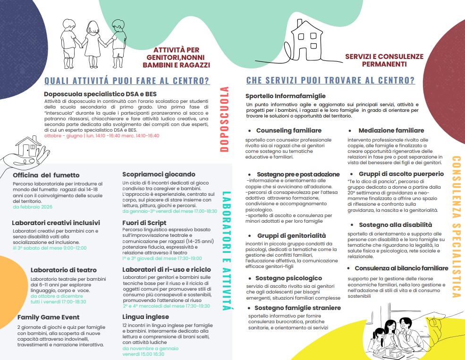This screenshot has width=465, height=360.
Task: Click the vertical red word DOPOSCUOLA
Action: [225, 119]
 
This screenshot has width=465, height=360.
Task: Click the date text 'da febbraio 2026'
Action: [33, 207]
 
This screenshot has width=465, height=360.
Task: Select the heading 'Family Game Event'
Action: [48, 317]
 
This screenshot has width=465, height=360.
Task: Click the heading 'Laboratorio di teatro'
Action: [64, 270]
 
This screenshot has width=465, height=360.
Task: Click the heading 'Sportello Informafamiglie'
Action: [286, 96]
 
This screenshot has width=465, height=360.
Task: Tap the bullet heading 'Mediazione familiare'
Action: [391, 130]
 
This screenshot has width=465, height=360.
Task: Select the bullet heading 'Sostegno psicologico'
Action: [288, 278]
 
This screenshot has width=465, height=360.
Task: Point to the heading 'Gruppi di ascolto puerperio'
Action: [401, 174]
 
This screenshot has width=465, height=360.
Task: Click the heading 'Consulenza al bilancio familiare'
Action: [401, 268]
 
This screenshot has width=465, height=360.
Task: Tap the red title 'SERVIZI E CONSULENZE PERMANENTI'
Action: [384, 60]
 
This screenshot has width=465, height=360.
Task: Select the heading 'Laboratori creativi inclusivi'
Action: [56, 223]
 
